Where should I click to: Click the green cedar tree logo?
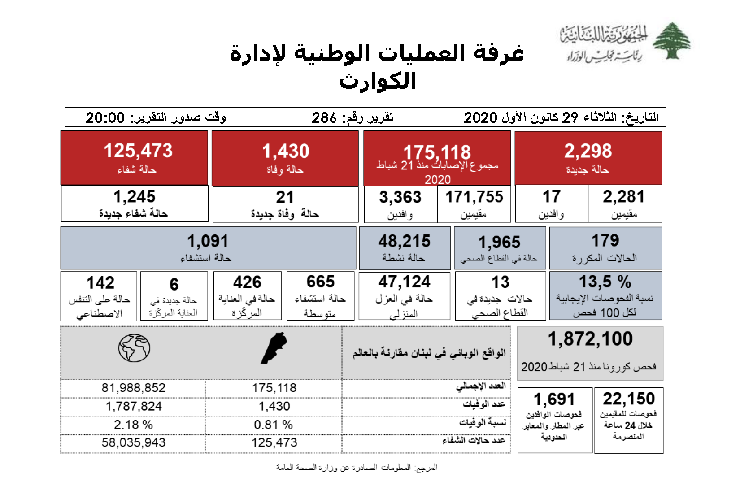(x=671, y=41)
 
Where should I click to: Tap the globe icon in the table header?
(x=134, y=348)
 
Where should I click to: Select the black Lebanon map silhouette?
(x=274, y=348)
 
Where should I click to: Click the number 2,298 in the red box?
(x=588, y=151)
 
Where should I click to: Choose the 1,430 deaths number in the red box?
(x=286, y=151)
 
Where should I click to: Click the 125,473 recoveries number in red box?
(x=138, y=151)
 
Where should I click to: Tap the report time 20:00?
(x=105, y=117)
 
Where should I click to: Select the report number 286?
(x=324, y=117)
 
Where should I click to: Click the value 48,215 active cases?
(x=404, y=241)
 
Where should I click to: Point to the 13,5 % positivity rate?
(x=605, y=282)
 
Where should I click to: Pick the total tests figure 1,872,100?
(x=590, y=339)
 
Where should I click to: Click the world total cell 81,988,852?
(x=133, y=388)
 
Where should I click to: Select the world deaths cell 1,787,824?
(x=133, y=406)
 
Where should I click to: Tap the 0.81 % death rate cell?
(x=273, y=425)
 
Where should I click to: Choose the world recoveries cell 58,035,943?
(x=133, y=442)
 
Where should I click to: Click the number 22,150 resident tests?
(x=629, y=399)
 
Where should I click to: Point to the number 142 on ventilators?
(x=100, y=283)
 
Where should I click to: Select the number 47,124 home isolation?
(x=404, y=282)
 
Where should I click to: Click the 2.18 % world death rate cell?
(x=133, y=425)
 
